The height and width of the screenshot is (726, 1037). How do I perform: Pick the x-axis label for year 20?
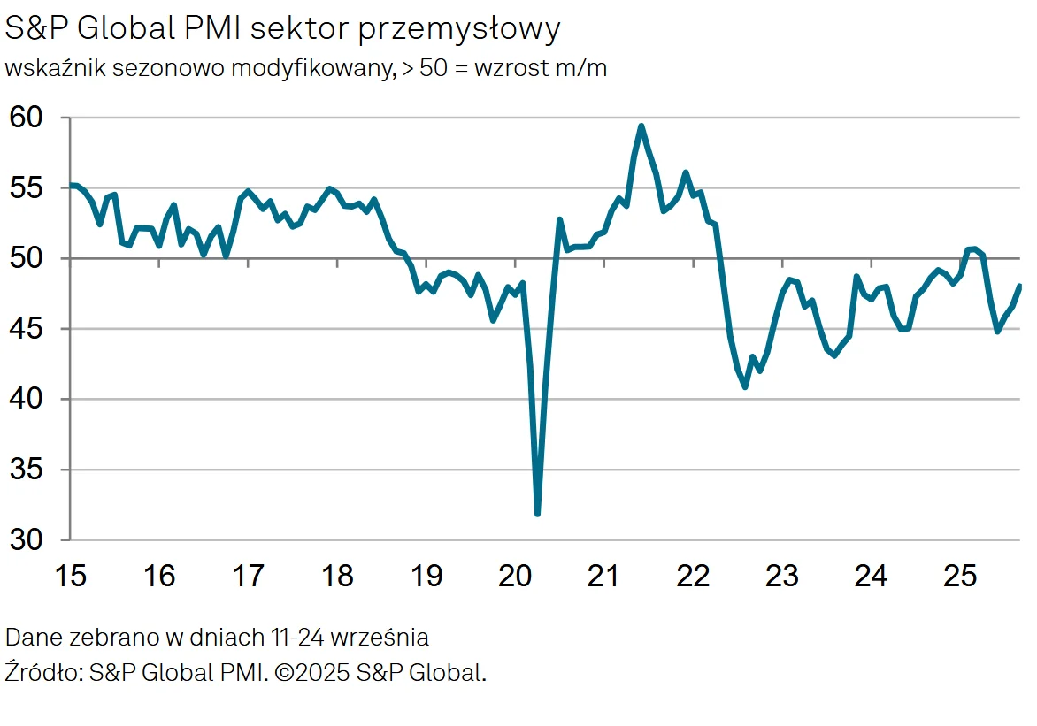(x=515, y=577)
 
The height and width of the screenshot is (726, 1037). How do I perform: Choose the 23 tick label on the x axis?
(x=782, y=577)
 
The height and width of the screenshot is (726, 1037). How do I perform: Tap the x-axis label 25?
(x=960, y=577)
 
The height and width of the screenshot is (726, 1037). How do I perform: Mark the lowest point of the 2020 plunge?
(x=537, y=513)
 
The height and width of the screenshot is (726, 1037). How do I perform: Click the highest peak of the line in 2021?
(x=641, y=126)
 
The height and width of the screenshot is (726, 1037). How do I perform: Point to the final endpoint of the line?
(x=1019, y=286)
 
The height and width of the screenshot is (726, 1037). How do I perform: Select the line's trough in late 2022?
(x=745, y=386)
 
